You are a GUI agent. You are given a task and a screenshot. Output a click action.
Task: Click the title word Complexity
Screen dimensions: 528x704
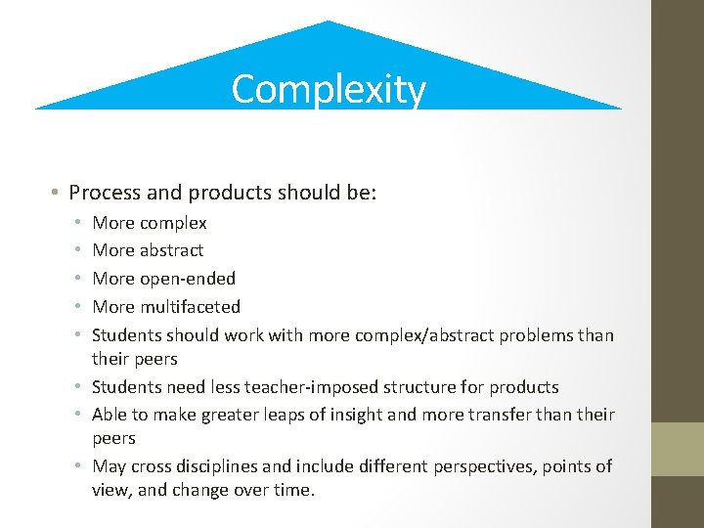click(x=329, y=89)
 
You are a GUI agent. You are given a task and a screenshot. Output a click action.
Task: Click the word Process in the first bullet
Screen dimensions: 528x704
click(x=104, y=192)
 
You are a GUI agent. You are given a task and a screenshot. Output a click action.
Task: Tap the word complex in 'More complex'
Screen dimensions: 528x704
click(x=173, y=223)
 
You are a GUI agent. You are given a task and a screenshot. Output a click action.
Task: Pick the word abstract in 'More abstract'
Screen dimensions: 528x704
click(x=172, y=250)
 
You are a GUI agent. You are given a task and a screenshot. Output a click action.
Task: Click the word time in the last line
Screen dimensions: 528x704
click(x=293, y=490)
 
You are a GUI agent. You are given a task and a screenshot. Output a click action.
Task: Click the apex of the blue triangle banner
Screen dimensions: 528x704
click(x=328, y=22)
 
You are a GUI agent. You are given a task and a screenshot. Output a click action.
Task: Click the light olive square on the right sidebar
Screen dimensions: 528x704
click(x=678, y=449)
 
